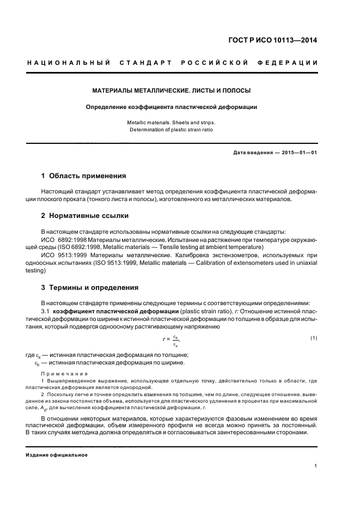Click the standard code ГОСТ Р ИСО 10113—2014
click(x=274, y=40)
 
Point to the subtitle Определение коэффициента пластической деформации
click(x=171, y=107)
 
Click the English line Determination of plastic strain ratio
click(x=171, y=130)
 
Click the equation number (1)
click(x=313, y=338)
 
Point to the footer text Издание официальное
click(x=57, y=455)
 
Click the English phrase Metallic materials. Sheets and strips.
click(x=171, y=123)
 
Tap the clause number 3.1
click(x=46, y=311)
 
